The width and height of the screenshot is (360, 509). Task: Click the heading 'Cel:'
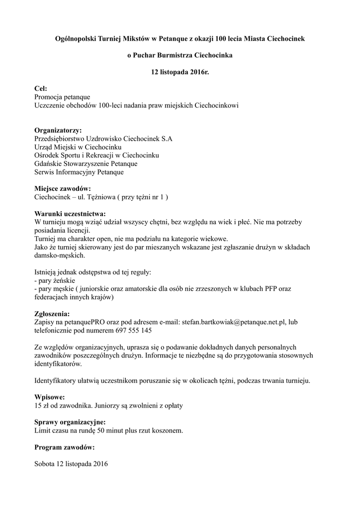41,88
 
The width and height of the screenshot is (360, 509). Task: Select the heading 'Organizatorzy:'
58,130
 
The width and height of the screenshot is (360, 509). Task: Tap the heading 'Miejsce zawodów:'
62,189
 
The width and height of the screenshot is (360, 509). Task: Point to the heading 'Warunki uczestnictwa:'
70,214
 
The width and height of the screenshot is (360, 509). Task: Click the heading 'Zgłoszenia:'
52,314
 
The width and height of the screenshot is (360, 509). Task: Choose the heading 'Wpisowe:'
49,397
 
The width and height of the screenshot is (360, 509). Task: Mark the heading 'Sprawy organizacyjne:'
70,422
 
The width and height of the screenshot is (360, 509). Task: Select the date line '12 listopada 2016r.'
180,72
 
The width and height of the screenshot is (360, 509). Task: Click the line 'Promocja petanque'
63,97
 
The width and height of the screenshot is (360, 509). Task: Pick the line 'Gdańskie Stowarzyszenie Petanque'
86,164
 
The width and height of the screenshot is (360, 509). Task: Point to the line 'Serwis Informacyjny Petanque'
79,172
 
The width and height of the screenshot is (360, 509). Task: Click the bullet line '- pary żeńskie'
54,280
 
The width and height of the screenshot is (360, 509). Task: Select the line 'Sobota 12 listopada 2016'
71,464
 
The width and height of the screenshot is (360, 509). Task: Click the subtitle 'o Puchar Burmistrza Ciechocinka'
180,55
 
